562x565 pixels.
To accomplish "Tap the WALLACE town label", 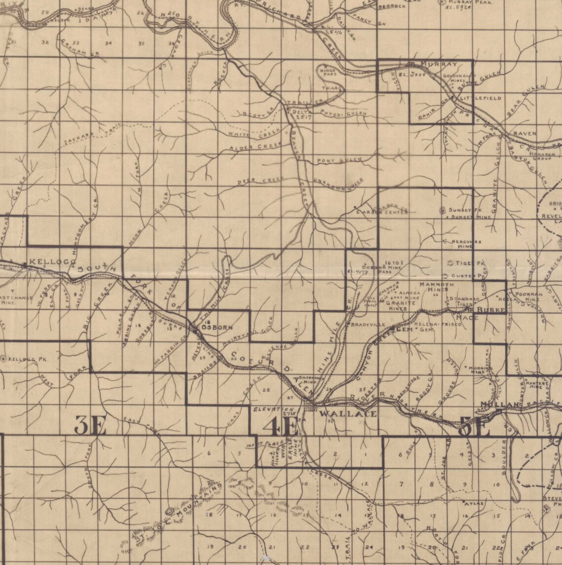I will (x=348, y=414).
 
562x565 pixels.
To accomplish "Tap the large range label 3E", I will (x=90, y=425).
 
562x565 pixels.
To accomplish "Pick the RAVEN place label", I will (x=525, y=134).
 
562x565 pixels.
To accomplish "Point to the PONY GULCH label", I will (x=340, y=160).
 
